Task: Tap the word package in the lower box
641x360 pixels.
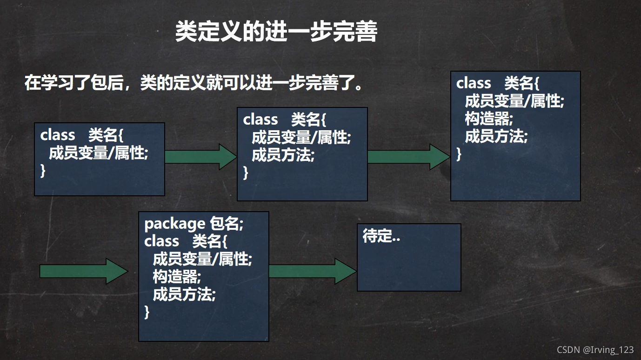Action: tap(174, 224)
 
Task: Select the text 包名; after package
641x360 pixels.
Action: tap(227, 224)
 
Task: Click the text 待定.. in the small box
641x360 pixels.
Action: tap(381, 237)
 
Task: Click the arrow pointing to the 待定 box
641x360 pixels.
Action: tap(312, 271)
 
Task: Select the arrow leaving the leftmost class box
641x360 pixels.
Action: tap(200, 157)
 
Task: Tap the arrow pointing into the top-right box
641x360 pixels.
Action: tap(408, 157)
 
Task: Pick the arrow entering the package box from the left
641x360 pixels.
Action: tap(83, 271)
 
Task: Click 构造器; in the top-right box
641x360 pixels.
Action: tap(488, 119)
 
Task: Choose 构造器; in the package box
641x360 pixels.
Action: tap(177, 277)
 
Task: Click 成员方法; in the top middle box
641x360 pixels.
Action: tap(283, 155)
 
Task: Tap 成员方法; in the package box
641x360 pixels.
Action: tap(184, 294)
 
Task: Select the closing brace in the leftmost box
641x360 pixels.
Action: tap(43, 171)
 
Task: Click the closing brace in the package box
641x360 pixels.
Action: tap(147, 312)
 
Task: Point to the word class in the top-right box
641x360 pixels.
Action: tap(474, 83)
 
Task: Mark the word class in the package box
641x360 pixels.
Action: tap(161, 241)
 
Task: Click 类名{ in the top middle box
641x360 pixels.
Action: tap(308, 120)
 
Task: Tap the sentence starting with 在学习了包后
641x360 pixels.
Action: tap(193, 84)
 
